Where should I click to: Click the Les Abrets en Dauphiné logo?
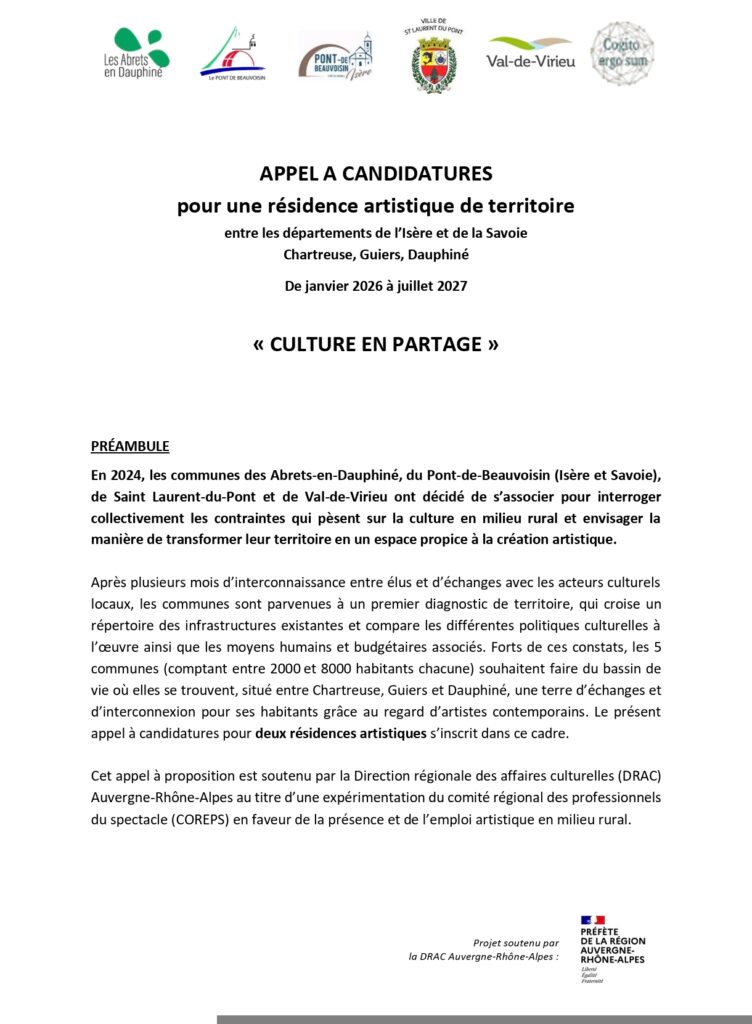pyautogui.click(x=138, y=54)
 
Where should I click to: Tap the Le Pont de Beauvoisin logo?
pyautogui.click(x=232, y=54)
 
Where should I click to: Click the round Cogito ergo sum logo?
pyautogui.click(x=622, y=53)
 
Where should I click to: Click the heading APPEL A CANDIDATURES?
pyautogui.click(x=376, y=174)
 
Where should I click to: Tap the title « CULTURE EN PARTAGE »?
pyautogui.click(x=376, y=345)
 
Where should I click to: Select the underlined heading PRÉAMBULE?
pyautogui.click(x=130, y=445)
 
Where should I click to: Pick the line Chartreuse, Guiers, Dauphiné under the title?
pyautogui.click(x=376, y=255)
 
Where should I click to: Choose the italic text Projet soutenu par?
pyautogui.click(x=515, y=942)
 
